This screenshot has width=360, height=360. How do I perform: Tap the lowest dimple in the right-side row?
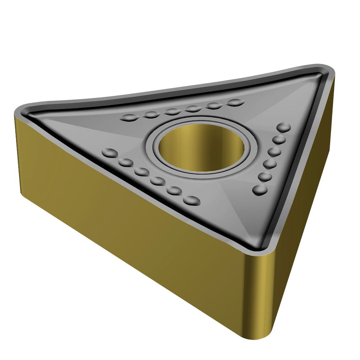pos(260,190)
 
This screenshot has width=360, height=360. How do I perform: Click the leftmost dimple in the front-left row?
pos(109,152)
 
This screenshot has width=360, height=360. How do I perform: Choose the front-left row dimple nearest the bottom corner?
pos(192,200)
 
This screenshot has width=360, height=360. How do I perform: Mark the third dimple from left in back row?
pos(172,112)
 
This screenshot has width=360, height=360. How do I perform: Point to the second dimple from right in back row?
pos(215,106)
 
